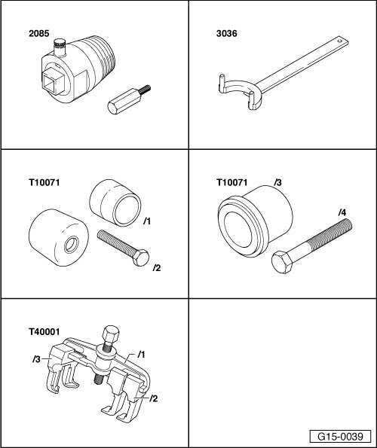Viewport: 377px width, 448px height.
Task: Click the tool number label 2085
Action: pos(39,33)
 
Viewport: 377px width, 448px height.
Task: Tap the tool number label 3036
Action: pos(226,33)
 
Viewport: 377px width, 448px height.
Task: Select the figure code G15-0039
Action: pos(340,437)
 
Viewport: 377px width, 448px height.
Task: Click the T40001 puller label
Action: pos(44,332)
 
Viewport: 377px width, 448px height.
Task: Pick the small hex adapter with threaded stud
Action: pos(129,99)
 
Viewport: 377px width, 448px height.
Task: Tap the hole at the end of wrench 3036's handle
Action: pos(339,41)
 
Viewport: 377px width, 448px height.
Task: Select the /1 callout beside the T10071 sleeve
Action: pos(147,221)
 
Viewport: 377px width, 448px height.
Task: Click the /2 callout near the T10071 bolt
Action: pos(157,268)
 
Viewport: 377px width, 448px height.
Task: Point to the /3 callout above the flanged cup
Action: pos(277,182)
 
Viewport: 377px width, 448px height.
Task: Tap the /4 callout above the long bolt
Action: pos(342,212)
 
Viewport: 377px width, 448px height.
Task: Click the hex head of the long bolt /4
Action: pos(282,262)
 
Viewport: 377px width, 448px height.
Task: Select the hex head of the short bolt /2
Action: pos(141,258)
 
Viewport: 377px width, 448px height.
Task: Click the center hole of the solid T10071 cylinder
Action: pos(71,245)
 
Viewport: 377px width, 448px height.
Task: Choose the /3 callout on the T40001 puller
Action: pos(36,359)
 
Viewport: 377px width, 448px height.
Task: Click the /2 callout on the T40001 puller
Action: pos(153,398)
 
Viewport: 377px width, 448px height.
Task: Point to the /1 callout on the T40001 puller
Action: pos(141,355)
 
